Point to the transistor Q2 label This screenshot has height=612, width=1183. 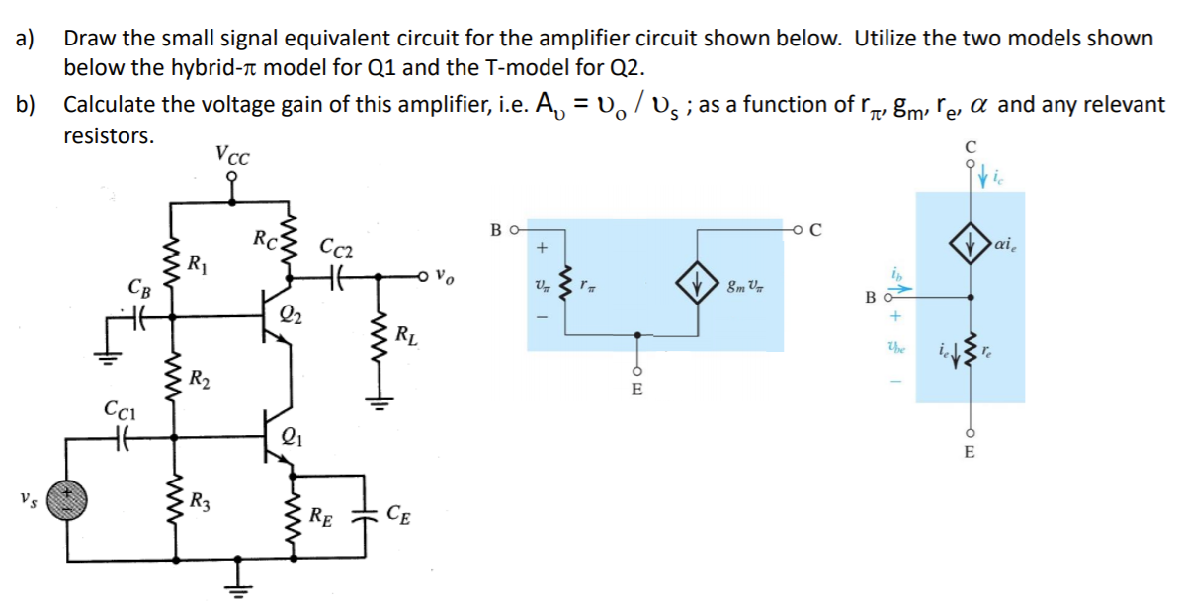290,316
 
